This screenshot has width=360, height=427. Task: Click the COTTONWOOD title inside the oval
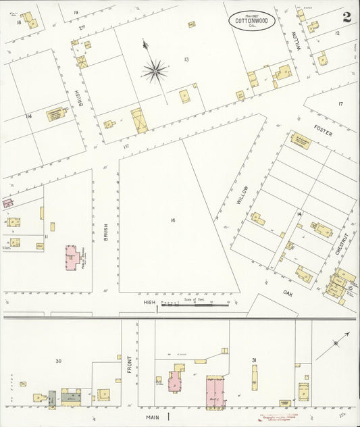click(251, 21)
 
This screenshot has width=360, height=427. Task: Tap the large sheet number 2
click(346, 18)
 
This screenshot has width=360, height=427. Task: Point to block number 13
click(185, 59)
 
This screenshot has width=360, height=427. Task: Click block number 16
click(173, 220)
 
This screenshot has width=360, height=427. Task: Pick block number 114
click(28, 116)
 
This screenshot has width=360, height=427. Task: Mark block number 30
click(58, 361)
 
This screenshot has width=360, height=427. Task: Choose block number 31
click(254, 360)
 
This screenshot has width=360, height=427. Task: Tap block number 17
click(340, 103)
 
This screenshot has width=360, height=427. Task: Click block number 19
click(76, 12)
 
